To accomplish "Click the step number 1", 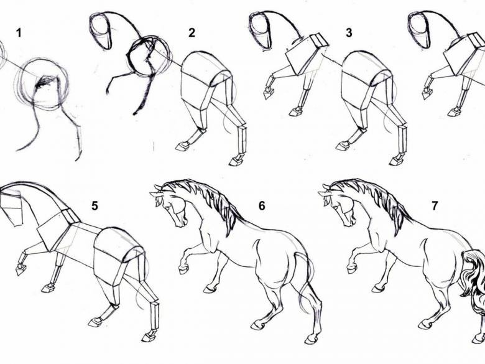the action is pyautogui.click(x=19, y=33).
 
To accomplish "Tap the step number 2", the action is pyautogui.click(x=192, y=33).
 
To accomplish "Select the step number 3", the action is pyautogui.click(x=349, y=33).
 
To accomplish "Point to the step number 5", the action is pyautogui.click(x=95, y=205).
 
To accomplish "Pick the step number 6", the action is pyautogui.click(x=262, y=205).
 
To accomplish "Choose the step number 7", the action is pyautogui.click(x=435, y=205).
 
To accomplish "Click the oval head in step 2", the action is pyautogui.click(x=100, y=31).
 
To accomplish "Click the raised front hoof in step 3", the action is pyautogui.click(x=268, y=92).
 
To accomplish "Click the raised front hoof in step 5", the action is pyautogui.click(x=21, y=269).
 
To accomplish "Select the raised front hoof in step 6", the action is pyautogui.click(x=184, y=269).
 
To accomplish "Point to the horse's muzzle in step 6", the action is pyautogui.click(x=182, y=222).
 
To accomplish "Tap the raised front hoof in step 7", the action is pyautogui.click(x=352, y=268).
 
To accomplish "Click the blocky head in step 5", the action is pyautogui.click(x=12, y=206).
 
